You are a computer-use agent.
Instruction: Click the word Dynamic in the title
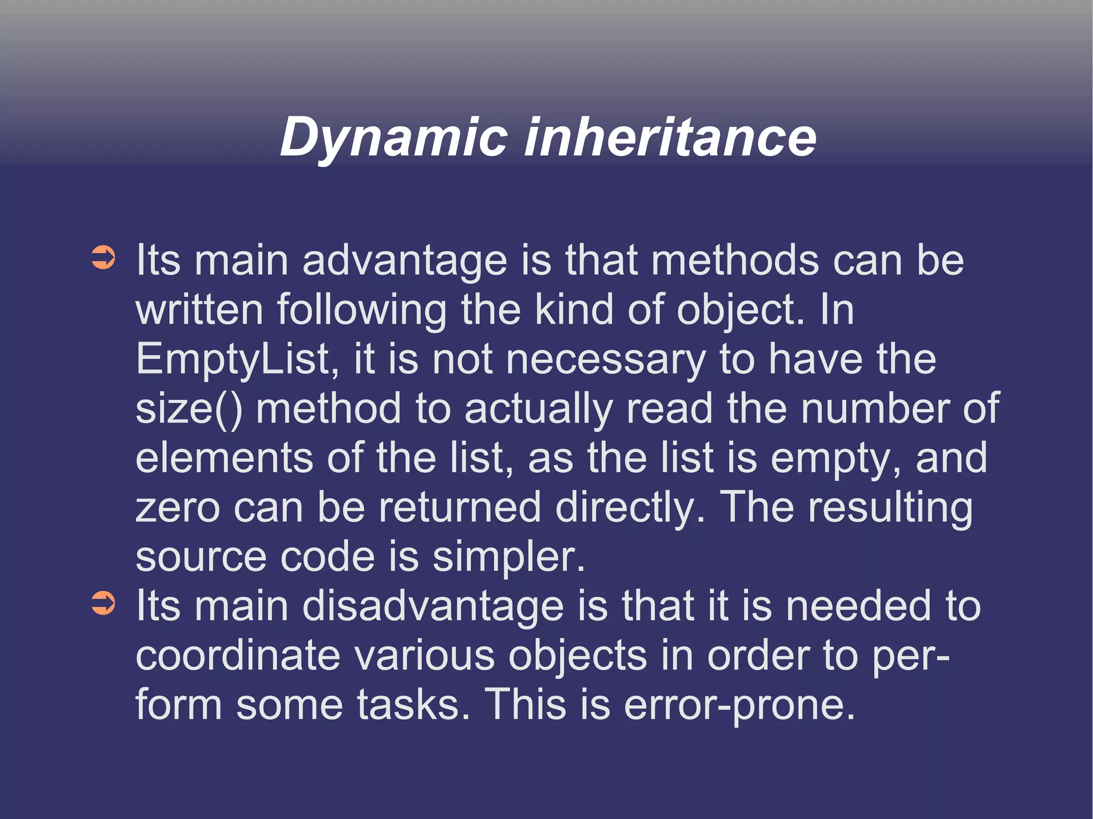click(x=393, y=138)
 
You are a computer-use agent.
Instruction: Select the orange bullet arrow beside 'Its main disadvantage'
click(x=103, y=603)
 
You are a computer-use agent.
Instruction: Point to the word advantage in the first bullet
click(x=405, y=261)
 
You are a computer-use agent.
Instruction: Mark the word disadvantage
click(x=433, y=606)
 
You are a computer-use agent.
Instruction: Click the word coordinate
click(x=238, y=656)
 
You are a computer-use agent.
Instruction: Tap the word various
click(x=424, y=656)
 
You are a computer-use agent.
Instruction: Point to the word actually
click(x=538, y=409)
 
